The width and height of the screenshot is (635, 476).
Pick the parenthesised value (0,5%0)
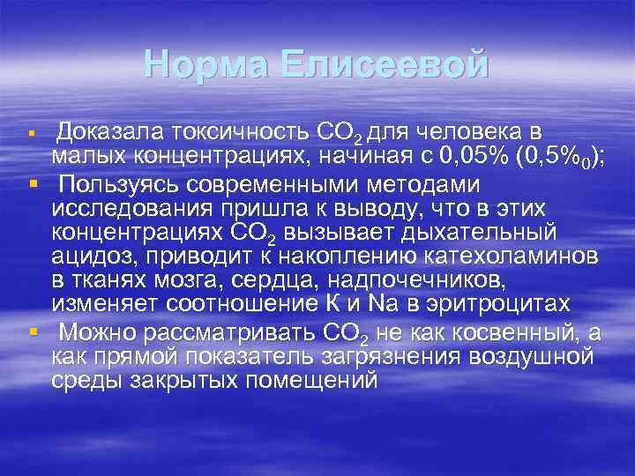(x=555, y=159)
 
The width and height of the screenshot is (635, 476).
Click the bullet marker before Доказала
(x=32, y=135)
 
